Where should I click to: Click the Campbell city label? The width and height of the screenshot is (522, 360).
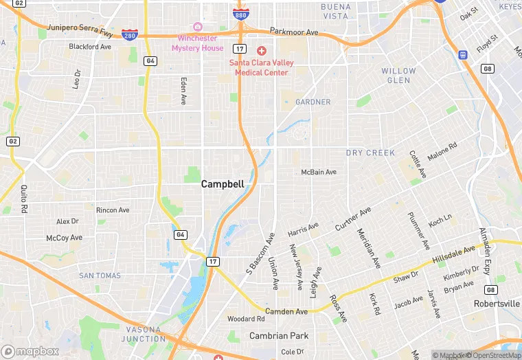pyautogui.click(x=222, y=184)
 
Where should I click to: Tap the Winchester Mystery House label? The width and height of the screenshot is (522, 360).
pyautogui.click(x=201, y=43)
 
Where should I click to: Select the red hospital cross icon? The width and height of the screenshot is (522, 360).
pyautogui.click(x=261, y=51)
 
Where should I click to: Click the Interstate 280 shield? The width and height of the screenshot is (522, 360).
pyautogui.click(x=129, y=34)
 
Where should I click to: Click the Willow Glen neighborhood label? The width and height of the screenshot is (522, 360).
pyautogui.click(x=398, y=76)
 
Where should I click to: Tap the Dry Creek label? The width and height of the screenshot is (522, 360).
pyautogui.click(x=370, y=153)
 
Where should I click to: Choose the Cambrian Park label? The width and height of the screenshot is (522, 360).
pyautogui.click(x=278, y=336)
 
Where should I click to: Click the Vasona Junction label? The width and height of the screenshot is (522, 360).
pyautogui.click(x=143, y=334)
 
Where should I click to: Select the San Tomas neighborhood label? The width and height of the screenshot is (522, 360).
pyautogui.click(x=100, y=275)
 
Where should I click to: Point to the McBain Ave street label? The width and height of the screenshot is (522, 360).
pyautogui.click(x=319, y=172)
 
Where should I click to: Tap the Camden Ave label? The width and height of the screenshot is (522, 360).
pyautogui.click(x=287, y=311)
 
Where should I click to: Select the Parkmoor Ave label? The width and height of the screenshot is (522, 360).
pyautogui.click(x=294, y=32)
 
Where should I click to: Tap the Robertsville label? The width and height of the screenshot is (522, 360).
pyautogui.click(x=497, y=303)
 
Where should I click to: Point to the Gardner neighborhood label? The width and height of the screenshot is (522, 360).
pyautogui.click(x=313, y=102)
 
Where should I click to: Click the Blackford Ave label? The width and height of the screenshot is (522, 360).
pyautogui.click(x=90, y=47)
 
